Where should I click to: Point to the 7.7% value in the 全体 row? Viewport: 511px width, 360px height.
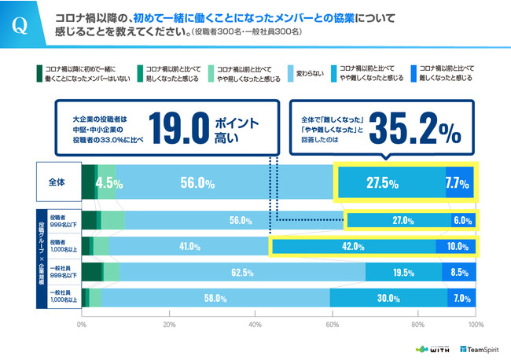coord(458,183)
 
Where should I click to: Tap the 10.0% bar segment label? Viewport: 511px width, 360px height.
coord(457,246)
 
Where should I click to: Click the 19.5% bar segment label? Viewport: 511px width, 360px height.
coord(403,273)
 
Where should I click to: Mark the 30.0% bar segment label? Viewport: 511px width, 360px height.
coord(390,299)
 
